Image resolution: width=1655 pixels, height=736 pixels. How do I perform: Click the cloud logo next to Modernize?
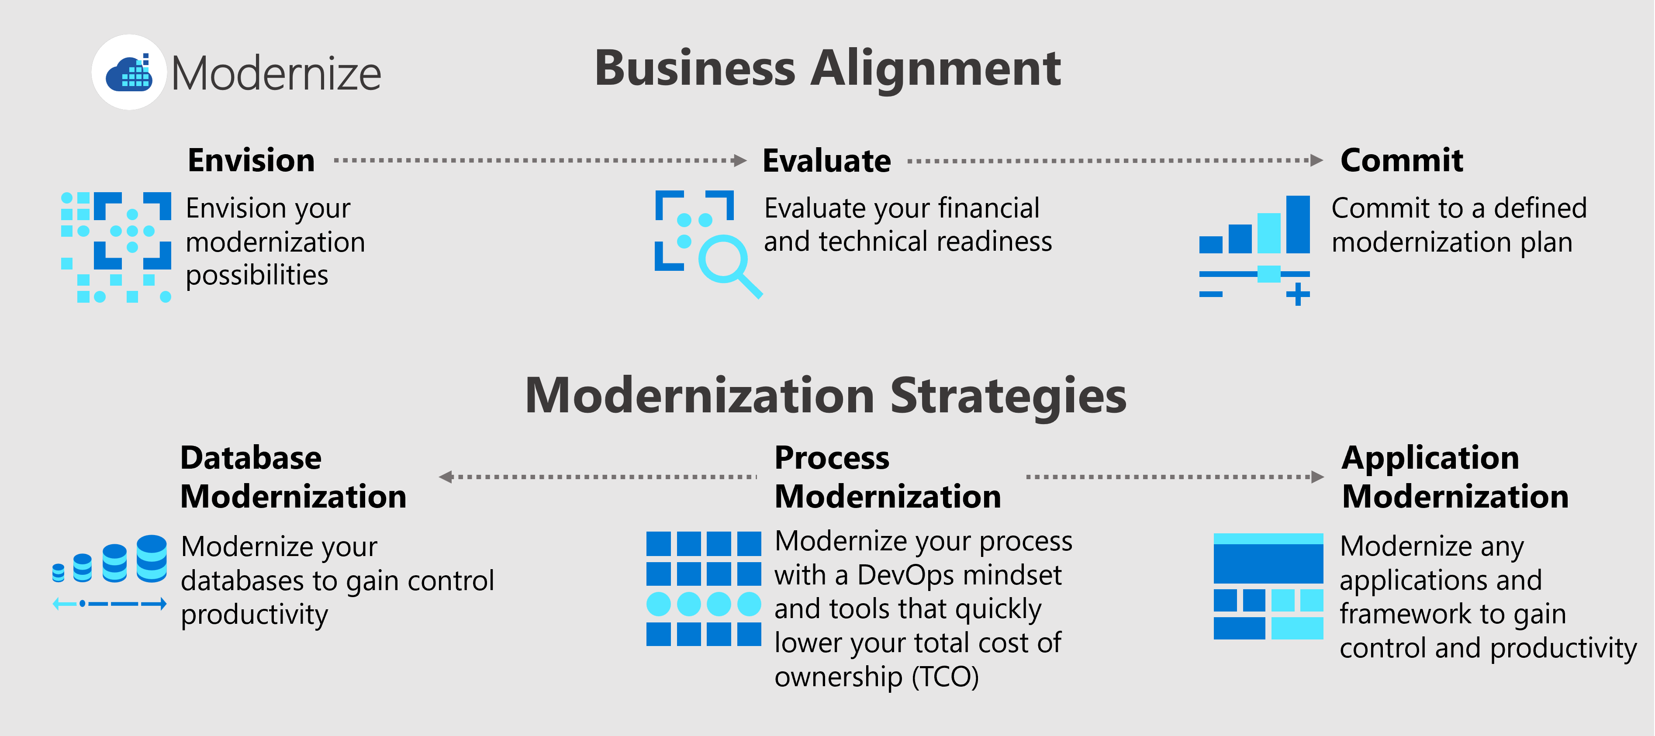(x=129, y=73)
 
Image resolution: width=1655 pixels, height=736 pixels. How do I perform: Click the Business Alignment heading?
(x=827, y=69)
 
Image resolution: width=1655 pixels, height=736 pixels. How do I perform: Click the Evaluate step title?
(x=826, y=161)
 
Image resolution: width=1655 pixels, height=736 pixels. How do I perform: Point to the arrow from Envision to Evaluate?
(x=540, y=160)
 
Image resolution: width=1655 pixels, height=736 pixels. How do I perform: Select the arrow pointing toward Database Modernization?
(x=598, y=477)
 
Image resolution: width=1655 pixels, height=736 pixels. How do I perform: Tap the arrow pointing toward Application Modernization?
(x=1175, y=477)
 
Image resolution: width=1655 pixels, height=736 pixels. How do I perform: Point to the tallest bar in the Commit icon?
(x=1298, y=224)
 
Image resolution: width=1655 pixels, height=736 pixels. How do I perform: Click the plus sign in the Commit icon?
(x=1298, y=294)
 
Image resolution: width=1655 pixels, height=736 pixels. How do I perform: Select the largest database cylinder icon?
(x=152, y=558)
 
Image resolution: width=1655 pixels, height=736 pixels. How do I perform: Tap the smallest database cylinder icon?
(x=59, y=572)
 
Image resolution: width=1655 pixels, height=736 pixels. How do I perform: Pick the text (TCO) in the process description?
(x=945, y=677)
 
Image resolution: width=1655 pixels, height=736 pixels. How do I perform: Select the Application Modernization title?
(x=1455, y=477)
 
